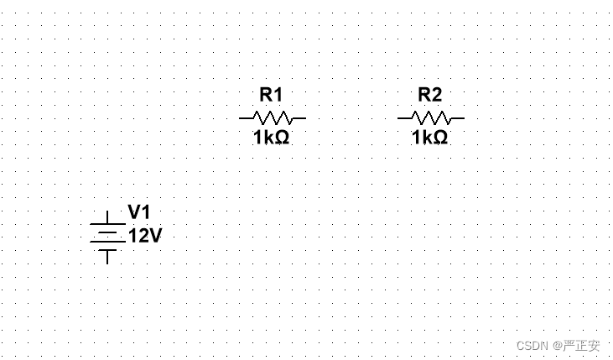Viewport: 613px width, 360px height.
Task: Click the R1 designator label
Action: click(x=272, y=94)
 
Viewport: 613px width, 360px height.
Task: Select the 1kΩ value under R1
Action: click(x=272, y=137)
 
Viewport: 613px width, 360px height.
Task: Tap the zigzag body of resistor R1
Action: click(x=273, y=118)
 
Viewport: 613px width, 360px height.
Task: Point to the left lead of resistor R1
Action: click(x=245, y=118)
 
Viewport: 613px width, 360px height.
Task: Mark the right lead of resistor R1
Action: click(x=299, y=118)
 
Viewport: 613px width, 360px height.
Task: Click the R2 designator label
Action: click(x=430, y=94)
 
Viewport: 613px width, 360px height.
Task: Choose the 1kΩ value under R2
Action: click(x=430, y=137)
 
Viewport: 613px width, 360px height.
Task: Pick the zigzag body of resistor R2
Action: click(x=431, y=118)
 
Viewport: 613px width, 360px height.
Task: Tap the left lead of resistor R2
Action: click(x=403, y=118)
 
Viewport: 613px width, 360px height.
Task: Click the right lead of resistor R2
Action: click(x=458, y=118)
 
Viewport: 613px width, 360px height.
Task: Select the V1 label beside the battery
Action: click(x=140, y=212)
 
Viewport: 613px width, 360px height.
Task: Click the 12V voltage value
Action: click(x=144, y=236)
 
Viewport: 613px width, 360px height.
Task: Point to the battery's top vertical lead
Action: click(x=107, y=217)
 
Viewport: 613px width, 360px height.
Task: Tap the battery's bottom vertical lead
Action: click(x=107, y=256)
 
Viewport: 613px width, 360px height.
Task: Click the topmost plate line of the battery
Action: click(x=107, y=224)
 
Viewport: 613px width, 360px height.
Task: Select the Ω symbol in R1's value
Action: click(x=283, y=137)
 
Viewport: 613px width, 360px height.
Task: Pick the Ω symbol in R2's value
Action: click(x=441, y=137)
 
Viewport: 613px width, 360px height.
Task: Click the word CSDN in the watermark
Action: click(x=532, y=346)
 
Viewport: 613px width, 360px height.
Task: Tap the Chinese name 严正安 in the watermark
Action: click(x=581, y=346)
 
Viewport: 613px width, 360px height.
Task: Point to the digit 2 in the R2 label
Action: click(x=436, y=94)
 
